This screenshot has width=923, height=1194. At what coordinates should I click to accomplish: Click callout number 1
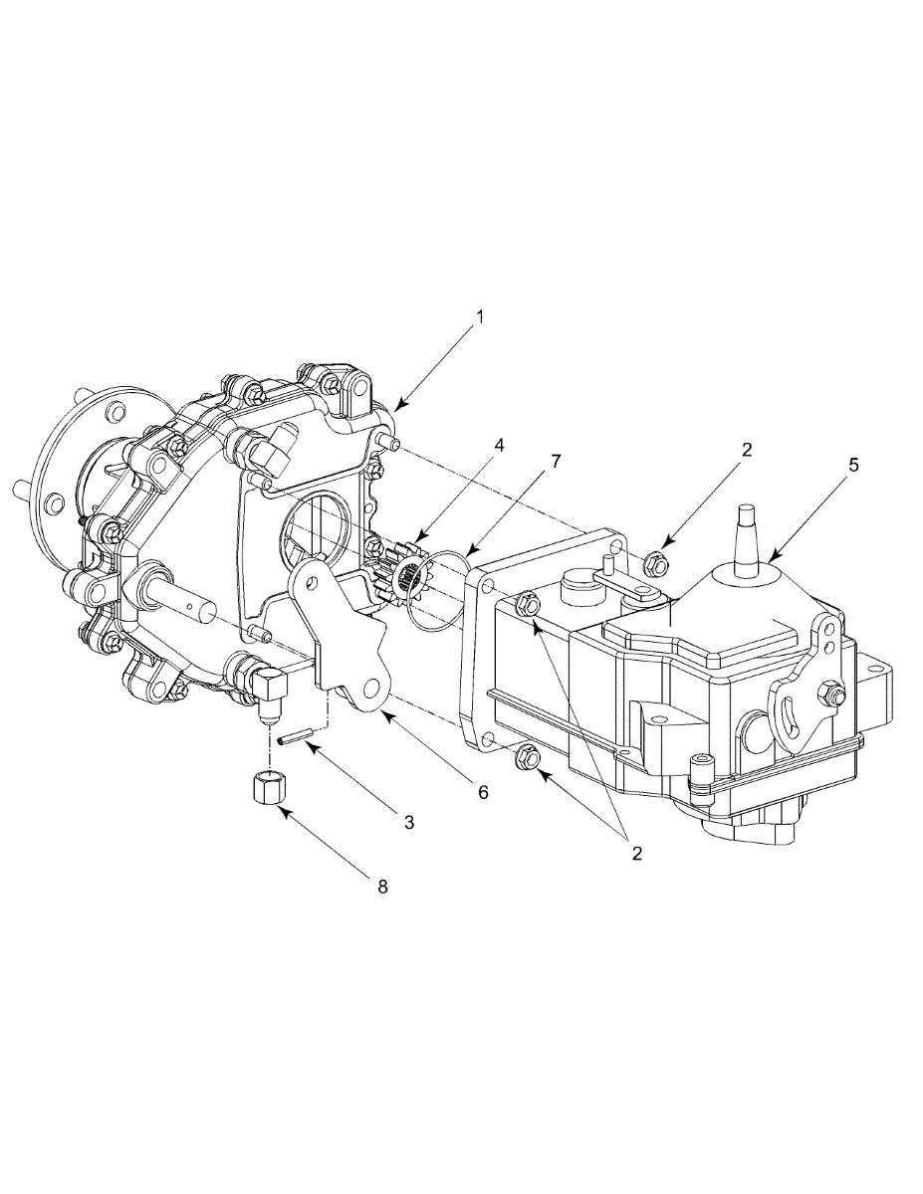(479, 317)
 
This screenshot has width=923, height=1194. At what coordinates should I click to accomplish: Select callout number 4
(500, 445)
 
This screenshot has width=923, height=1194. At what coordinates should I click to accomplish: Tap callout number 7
(556, 462)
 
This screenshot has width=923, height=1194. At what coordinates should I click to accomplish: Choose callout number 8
(382, 885)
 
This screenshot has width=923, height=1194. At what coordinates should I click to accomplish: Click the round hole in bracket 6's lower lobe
(373, 690)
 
